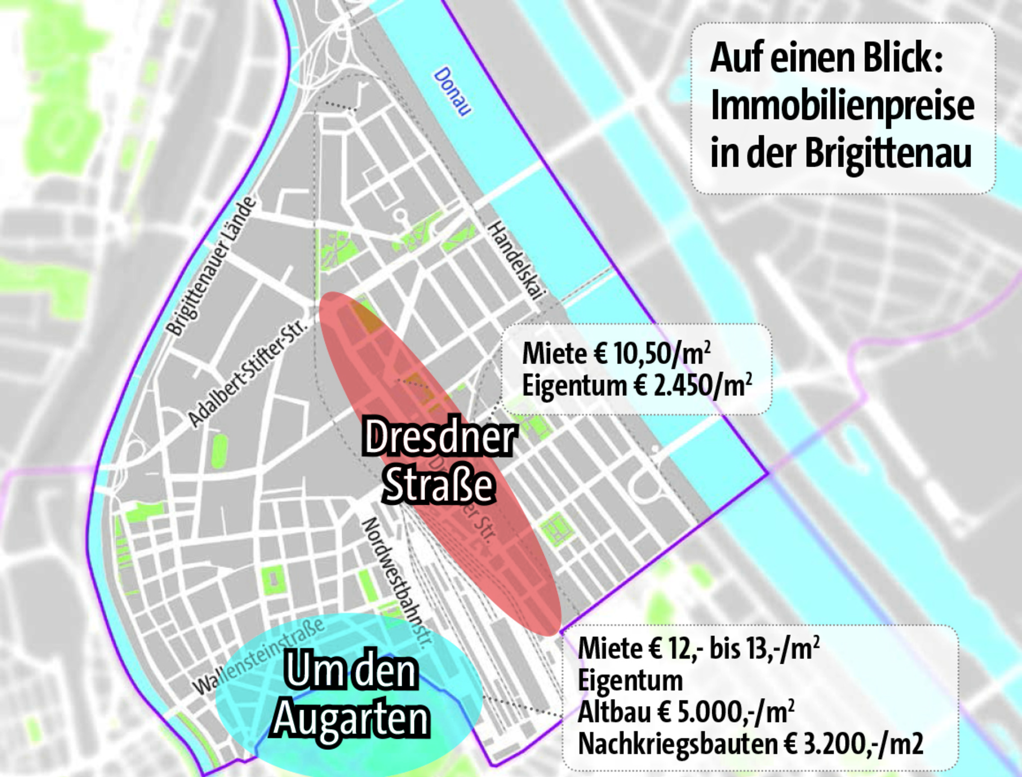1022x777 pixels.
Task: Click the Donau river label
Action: [x=452, y=92]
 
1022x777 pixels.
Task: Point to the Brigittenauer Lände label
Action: [x=212, y=266]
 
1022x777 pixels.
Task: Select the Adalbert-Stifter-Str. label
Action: [x=248, y=374]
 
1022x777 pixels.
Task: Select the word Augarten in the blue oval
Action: [x=351, y=719]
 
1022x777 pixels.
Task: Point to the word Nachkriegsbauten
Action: [x=677, y=745]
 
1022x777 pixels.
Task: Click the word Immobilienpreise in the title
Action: [x=842, y=106]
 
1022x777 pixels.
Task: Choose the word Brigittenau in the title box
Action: [x=888, y=153]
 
